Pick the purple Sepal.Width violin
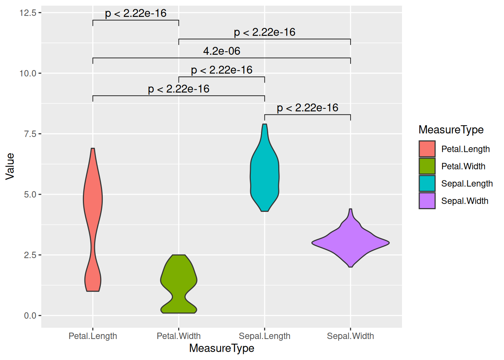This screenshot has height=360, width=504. (x=350, y=242)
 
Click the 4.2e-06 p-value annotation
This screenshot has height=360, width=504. (x=222, y=51)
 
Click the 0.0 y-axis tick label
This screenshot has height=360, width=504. (x=30, y=316)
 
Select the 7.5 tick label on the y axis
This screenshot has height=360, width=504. (x=30, y=134)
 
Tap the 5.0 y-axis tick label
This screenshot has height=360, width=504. (x=30, y=195)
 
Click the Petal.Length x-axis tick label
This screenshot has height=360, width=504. (x=93, y=336)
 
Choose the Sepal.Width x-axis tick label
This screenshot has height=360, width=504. (x=350, y=336)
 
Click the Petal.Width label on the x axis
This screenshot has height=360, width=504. (x=178, y=336)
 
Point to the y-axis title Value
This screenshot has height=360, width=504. (x=10, y=166)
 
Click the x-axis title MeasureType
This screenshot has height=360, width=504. (x=222, y=348)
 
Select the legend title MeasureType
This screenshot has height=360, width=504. (x=451, y=130)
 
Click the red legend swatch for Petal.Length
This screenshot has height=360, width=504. (x=427, y=149)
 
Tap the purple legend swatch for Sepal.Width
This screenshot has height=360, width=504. (x=427, y=201)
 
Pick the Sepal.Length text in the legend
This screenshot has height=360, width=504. (x=467, y=184)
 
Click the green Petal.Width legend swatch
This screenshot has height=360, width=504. (x=427, y=166)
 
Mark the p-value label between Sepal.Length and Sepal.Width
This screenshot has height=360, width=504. (x=307, y=108)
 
